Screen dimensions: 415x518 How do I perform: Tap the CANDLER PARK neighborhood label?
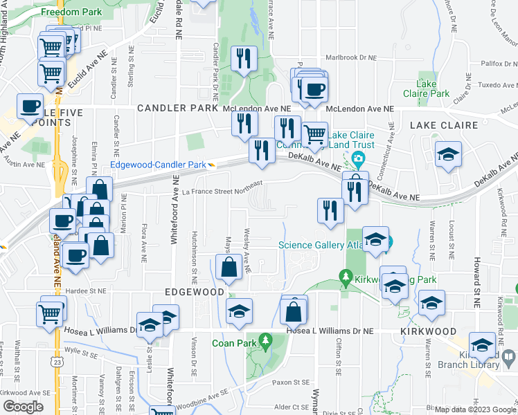(179, 109)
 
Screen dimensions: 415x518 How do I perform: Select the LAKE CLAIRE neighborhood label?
(444, 125)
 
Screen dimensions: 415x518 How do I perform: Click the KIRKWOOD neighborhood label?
(426, 333)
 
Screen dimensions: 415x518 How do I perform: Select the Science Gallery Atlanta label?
(326, 244)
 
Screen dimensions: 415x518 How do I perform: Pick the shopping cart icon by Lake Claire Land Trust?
(315, 134)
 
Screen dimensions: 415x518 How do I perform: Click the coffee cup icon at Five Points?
(30, 107)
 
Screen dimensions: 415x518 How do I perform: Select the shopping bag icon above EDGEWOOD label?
(229, 268)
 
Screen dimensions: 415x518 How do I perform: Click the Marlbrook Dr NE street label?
(351, 58)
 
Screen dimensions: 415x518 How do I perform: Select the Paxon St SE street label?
(291, 382)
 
